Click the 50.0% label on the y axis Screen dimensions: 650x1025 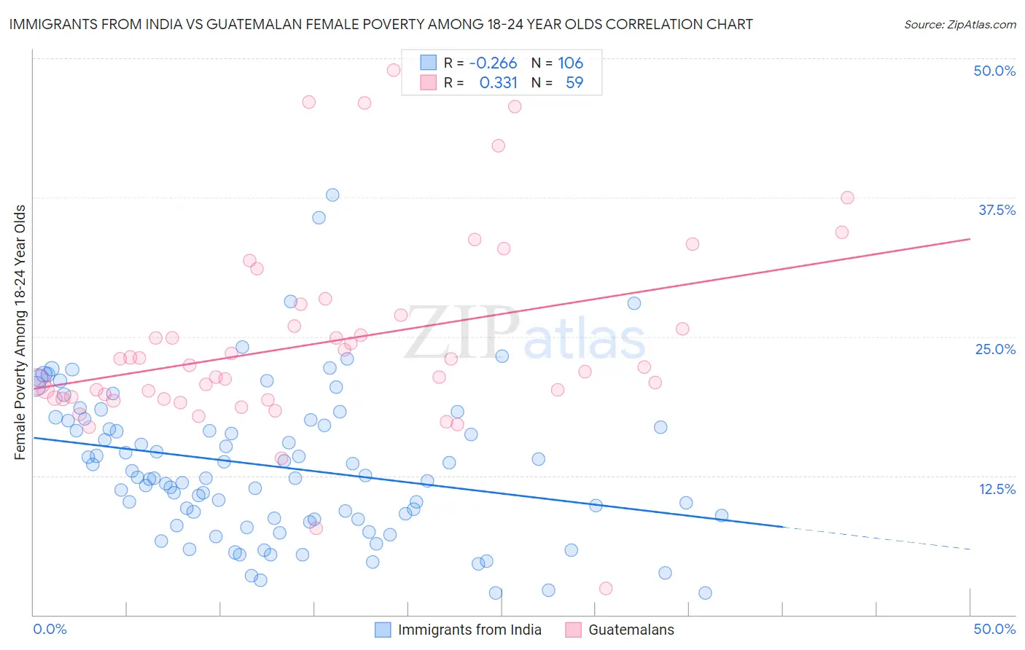click(x=994, y=71)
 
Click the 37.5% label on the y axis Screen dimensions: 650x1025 click(x=997, y=210)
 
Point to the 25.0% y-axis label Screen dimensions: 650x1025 click(x=995, y=349)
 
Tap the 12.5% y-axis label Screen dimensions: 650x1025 click(x=997, y=489)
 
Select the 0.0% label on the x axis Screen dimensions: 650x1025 click(x=50, y=629)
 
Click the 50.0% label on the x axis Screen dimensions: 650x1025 click(x=994, y=629)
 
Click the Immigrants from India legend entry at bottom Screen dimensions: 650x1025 click(x=469, y=630)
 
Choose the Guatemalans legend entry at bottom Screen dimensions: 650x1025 click(x=631, y=630)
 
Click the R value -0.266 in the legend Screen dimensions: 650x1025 click(x=493, y=63)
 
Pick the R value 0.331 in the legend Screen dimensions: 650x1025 click(x=498, y=83)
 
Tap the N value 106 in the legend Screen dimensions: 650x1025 click(x=570, y=63)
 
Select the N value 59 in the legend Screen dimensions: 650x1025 click(x=574, y=83)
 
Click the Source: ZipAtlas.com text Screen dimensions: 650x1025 click(x=959, y=24)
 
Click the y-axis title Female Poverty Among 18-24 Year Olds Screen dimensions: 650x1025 click(x=20, y=332)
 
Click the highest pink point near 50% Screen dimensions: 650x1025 click(x=393, y=70)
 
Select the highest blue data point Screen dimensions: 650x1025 click(x=332, y=195)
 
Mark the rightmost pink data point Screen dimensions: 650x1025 click(x=846, y=197)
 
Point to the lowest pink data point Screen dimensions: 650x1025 click(x=605, y=588)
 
